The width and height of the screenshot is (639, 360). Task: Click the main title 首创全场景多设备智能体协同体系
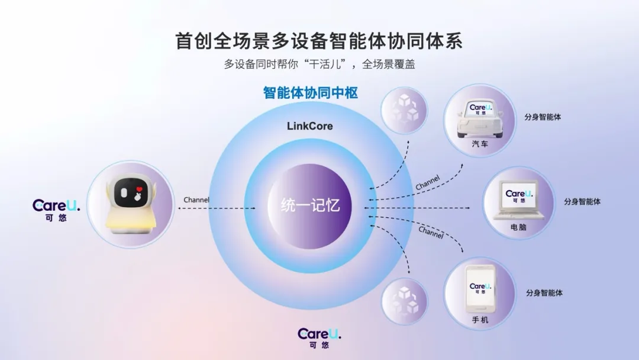click(x=319, y=41)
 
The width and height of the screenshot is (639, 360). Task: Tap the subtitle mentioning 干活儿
click(x=319, y=64)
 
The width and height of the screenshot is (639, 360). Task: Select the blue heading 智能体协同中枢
click(x=311, y=94)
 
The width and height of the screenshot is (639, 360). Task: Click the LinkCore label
click(x=309, y=126)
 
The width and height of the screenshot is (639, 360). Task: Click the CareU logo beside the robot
click(x=56, y=207)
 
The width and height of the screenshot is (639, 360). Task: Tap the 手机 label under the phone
click(x=480, y=320)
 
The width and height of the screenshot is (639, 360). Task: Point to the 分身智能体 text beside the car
click(x=543, y=117)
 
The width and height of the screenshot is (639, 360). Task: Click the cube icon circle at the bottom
click(x=404, y=301)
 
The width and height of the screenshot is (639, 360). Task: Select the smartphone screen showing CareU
click(x=480, y=288)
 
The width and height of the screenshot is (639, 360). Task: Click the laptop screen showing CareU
click(x=519, y=196)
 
